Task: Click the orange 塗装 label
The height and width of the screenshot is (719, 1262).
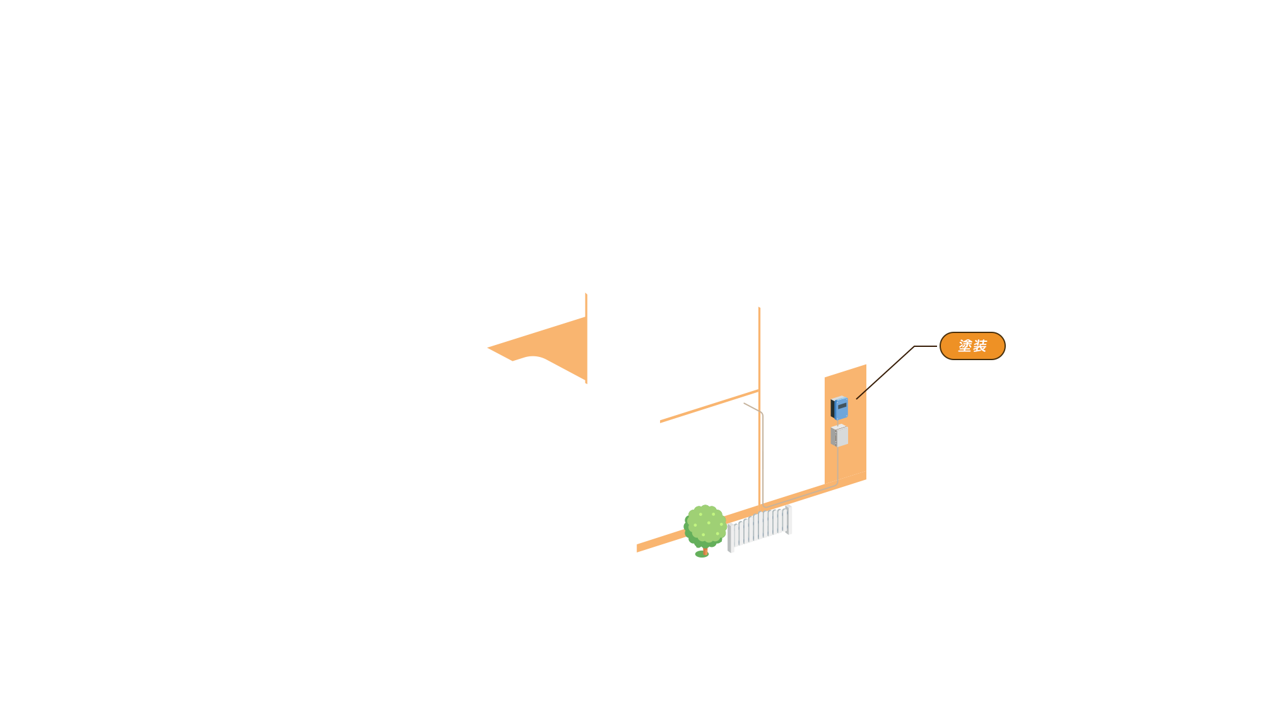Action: coord(972,346)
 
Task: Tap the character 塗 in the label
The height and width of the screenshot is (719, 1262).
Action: coord(965,346)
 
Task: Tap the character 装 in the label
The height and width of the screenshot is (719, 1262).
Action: coord(980,346)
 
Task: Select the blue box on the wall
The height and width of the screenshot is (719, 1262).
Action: coord(839,409)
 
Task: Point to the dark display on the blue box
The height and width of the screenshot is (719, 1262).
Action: coord(842,406)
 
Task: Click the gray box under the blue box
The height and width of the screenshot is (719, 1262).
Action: coord(839,436)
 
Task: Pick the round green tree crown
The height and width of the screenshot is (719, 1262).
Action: coord(705,525)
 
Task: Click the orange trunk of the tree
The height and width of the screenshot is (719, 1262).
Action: coord(706,551)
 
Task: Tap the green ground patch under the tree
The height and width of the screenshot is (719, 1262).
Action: coord(700,555)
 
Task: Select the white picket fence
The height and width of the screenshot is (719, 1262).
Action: coord(760,527)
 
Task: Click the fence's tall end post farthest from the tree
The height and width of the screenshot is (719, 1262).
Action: coord(789,520)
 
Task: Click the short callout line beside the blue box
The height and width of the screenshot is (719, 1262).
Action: coord(861,395)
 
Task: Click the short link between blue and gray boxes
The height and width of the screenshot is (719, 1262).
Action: coord(839,422)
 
